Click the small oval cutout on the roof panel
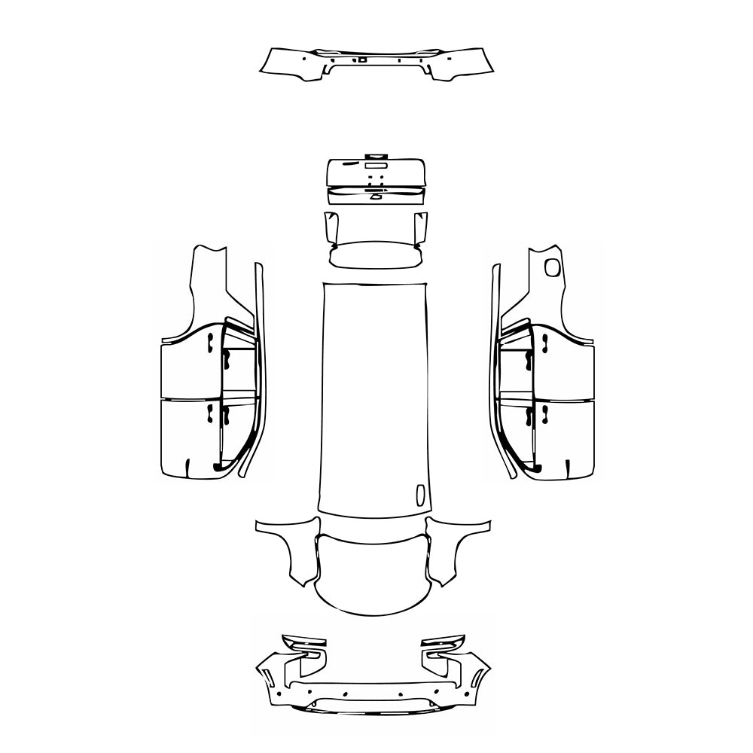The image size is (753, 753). coord(420,494)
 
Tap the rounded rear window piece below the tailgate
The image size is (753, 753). coord(374,253)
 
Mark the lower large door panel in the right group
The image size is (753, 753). coord(565,437)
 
